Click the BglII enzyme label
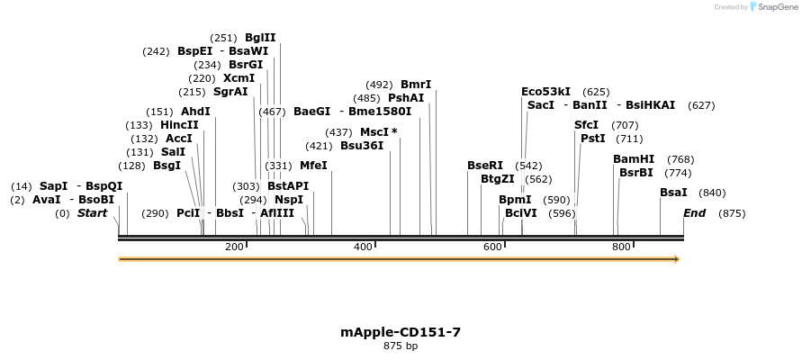pyautogui.click(x=260, y=38)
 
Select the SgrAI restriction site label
pyautogui.click(x=230, y=92)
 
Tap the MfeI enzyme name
pyautogui.click(x=313, y=166)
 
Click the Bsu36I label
pyautogui.click(x=361, y=146)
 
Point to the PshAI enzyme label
pyautogui.click(x=406, y=98)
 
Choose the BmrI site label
pyautogui.click(x=416, y=85)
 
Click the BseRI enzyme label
pyautogui.click(x=485, y=166)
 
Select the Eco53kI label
pyautogui.click(x=545, y=92)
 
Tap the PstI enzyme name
pyautogui.click(x=592, y=139)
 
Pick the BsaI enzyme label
pyautogui.click(x=673, y=193)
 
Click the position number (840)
pyautogui.click(x=712, y=193)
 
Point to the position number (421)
pyautogui.click(x=319, y=146)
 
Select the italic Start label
pyautogui.click(x=92, y=213)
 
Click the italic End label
pyautogui.click(x=694, y=213)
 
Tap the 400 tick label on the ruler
pyautogui.click(x=363, y=247)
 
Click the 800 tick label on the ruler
pyautogui.click(x=621, y=247)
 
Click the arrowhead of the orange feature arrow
pyautogui.click(x=677, y=259)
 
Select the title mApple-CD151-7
pyautogui.click(x=401, y=332)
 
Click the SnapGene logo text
pyautogui.click(x=779, y=7)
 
